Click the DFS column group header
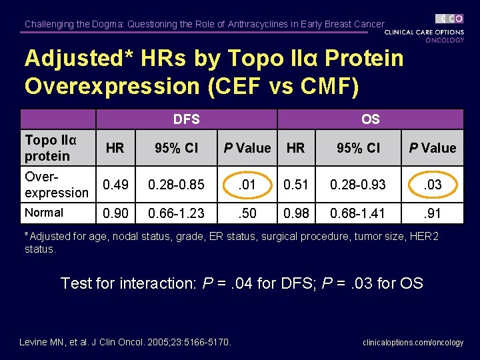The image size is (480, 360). (x=186, y=119)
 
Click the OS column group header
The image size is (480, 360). (x=370, y=119)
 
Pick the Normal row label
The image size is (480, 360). (x=44, y=213)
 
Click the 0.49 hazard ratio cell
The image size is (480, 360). (x=115, y=185)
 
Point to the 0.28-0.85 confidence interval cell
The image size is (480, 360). (x=177, y=185)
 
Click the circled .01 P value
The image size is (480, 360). (x=247, y=185)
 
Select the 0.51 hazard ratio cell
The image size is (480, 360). (x=295, y=185)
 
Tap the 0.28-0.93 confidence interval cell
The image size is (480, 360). (x=359, y=185)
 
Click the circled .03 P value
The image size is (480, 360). (x=433, y=185)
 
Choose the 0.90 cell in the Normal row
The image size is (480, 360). (x=115, y=213)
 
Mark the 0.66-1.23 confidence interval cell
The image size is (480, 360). (x=177, y=213)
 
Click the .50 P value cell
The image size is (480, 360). (x=247, y=213)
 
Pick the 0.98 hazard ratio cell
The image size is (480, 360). (x=295, y=213)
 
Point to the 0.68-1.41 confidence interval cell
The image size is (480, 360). (x=359, y=213)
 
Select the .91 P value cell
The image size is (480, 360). (x=433, y=213)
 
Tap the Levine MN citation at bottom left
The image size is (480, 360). (x=125, y=343)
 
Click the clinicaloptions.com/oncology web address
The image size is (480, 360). (x=413, y=343)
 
